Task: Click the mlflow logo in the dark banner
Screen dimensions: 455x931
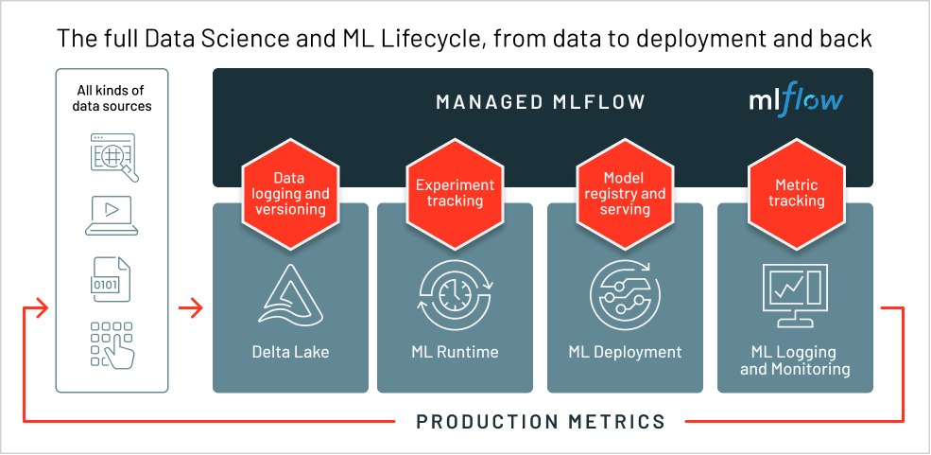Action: (x=795, y=99)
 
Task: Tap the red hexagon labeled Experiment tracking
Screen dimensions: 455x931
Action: (x=455, y=193)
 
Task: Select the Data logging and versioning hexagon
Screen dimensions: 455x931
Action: (x=288, y=193)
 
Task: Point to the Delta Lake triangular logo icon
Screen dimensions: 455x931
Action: (x=289, y=296)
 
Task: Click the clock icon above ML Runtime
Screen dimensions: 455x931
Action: (x=455, y=296)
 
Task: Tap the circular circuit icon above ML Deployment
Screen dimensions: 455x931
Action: (x=624, y=296)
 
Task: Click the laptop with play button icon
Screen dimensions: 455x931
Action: (x=112, y=216)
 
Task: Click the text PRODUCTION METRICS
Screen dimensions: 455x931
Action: (x=541, y=421)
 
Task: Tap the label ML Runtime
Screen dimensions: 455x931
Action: (x=455, y=352)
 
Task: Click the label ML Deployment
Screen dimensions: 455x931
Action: (x=625, y=352)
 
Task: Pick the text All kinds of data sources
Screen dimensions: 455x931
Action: (x=112, y=98)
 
